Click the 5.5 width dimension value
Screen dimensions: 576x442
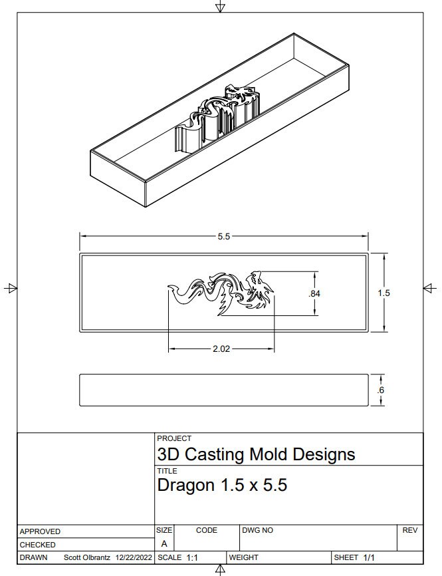click(x=223, y=237)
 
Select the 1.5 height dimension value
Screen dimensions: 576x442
click(x=384, y=293)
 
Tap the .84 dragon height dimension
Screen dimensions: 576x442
click(x=314, y=293)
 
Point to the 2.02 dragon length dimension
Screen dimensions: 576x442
click(x=221, y=349)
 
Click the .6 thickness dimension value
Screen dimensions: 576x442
click(x=380, y=390)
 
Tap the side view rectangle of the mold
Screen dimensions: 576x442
click(x=223, y=390)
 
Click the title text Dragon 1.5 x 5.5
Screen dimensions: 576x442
click(x=222, y=486)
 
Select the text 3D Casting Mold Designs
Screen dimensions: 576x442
click(x=256, y=454)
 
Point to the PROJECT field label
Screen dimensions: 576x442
click(x=174, y=439)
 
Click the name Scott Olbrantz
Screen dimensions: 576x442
click(x=88, y=557)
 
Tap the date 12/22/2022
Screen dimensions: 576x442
click(x=134, y=557)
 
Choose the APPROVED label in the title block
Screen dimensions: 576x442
click(x=40, y=531)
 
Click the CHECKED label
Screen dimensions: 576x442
click(x=37, y=545)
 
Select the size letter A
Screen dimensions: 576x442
click(x=164, y=543)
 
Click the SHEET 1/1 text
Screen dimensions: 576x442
click(x=355, y=557)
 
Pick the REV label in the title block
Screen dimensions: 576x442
click(x=409, y=530)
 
